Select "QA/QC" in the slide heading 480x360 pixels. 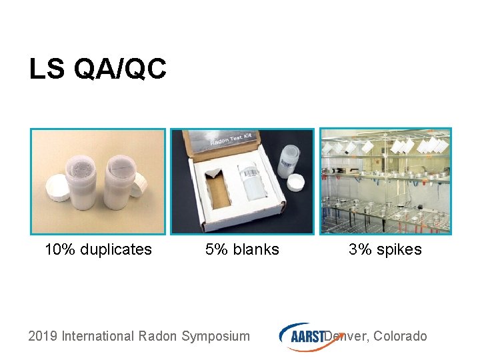[120, 69]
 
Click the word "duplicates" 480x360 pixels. [116, 250]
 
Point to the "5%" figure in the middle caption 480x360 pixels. [216, 250]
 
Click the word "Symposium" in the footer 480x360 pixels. [215, 336]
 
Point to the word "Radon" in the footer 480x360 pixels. [157, 336]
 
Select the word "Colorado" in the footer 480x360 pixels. [400, 336]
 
